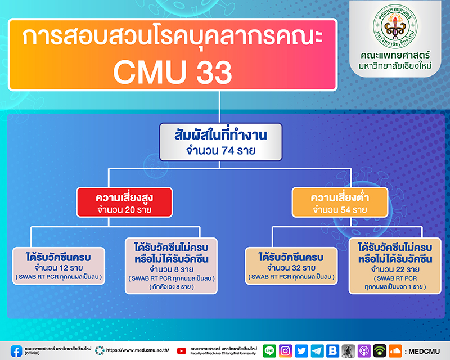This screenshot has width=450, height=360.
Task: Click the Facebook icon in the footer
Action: (x=16, y=351)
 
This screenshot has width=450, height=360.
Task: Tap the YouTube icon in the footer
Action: (x=181, y=351)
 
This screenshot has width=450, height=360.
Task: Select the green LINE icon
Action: (x=269, y=351)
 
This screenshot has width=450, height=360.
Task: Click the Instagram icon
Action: (x=285, y=351)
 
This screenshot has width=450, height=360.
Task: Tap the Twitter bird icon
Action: (x=301, y=351)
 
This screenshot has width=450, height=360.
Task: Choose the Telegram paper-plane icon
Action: (x=317, y=351)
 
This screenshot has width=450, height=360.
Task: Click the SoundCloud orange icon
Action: (x=395, y=351)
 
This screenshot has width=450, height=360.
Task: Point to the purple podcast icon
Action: (x=364, y=351)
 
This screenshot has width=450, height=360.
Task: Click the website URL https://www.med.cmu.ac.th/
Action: (x=138, y=350)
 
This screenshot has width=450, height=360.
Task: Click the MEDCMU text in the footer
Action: (x=424, y=352)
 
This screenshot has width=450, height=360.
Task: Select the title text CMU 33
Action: (x=173, y=72)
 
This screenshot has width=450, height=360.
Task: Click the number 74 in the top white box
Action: (x=228, y=150)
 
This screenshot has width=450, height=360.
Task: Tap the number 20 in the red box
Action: (x=130, y=210)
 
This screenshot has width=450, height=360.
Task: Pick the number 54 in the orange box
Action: (x=345, y=210)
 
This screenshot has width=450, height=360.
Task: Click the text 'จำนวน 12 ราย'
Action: (x=58, y=268)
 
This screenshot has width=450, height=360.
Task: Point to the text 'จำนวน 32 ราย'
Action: (x=291, y=268)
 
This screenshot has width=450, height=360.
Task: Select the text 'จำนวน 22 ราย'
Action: (x=395, y=269)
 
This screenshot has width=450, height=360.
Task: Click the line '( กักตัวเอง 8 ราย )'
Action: (x=172, y=287)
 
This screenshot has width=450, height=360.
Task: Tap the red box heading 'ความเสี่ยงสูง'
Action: (x=124, y=197)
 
